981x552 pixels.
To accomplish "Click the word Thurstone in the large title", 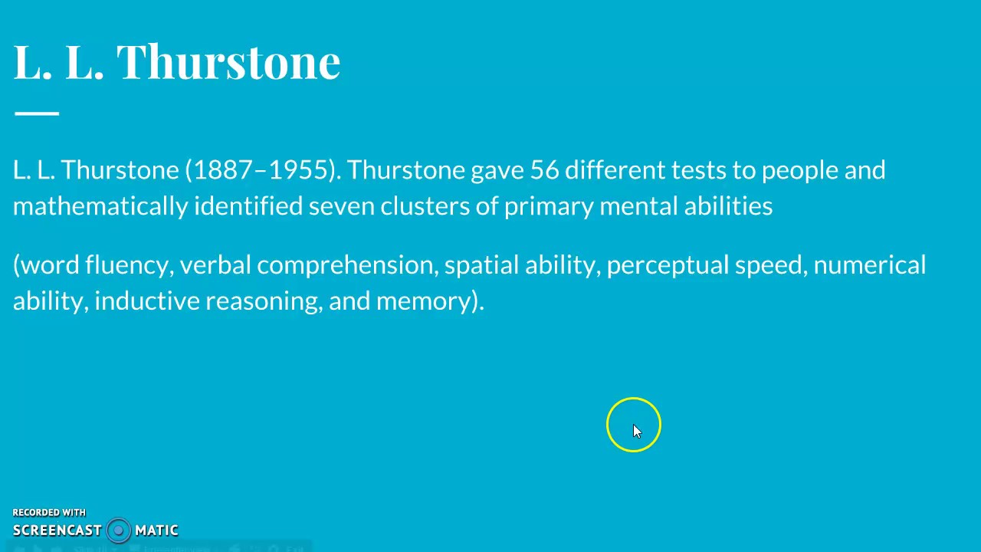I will pos(228,61).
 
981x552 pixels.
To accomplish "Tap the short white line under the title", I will pos(36,113).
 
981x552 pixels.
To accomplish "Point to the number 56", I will pos(544,169).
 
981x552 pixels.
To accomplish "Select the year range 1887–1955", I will pos(261,169).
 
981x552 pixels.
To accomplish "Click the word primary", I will pos(548,206).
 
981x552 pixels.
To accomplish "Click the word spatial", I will pos(481,265).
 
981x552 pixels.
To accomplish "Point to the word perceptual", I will pos(667,265).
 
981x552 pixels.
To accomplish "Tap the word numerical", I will pos(869,265).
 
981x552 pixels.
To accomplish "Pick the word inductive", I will pos(146,301).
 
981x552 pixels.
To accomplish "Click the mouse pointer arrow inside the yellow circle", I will pos(637,431).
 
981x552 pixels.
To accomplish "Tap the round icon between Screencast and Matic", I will pos(118,530).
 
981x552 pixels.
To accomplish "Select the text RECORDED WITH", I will pos(49,512).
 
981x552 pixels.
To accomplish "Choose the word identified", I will pos(248,206).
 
